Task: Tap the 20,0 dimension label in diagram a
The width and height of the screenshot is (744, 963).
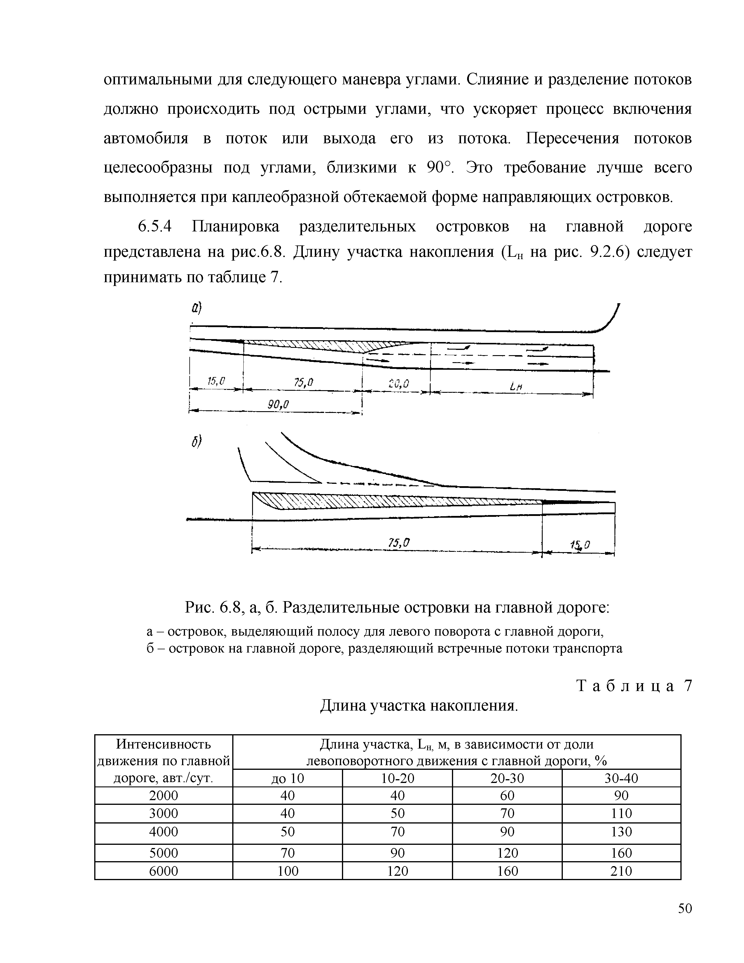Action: point(399,384)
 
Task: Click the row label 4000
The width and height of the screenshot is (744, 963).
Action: point(163,832)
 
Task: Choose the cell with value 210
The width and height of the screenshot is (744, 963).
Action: point(621,871)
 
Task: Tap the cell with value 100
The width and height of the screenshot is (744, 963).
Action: point(287,871)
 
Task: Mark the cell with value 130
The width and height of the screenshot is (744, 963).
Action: point(621,832)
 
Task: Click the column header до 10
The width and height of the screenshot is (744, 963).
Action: point(287,779)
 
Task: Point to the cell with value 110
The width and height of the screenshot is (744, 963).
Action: point(621,813)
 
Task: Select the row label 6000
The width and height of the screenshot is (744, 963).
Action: point(163,871)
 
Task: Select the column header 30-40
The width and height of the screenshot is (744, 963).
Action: point(621,779)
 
